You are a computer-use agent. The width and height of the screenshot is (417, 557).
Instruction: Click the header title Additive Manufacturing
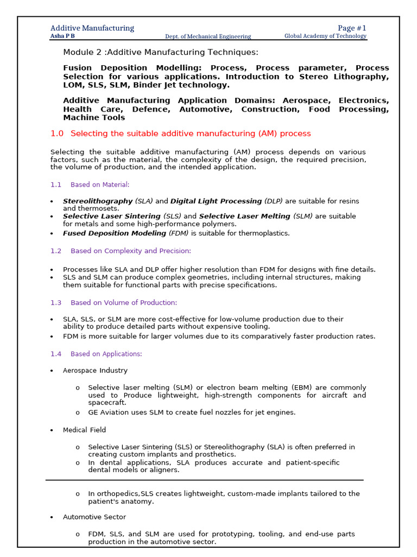(92, 28)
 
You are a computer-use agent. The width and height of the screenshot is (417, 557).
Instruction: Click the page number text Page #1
(352, 28)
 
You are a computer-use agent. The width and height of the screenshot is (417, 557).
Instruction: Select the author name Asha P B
(62, 36)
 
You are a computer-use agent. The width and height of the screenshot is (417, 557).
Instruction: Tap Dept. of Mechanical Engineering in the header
(208, 36)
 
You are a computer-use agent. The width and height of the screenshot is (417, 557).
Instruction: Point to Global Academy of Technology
(325, 36)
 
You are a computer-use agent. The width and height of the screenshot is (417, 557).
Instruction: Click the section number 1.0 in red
(57, 133)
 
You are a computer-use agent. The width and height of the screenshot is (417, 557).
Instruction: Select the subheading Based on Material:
(100, 185)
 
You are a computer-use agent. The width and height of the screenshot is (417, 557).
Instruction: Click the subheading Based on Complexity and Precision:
(131, 251)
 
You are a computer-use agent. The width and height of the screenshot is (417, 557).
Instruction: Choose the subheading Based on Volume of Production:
(124, 302)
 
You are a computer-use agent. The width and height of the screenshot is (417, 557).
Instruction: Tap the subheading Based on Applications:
(106, 354)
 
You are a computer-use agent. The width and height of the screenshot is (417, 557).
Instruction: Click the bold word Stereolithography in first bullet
(98, 201)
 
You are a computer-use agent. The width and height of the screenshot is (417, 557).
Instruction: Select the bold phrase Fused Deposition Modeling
(115, 233)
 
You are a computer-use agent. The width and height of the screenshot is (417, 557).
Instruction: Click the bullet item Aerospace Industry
(95, 370)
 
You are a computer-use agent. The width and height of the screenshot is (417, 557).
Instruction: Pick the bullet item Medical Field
(84, 430)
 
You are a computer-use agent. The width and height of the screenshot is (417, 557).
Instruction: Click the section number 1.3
(56, 302)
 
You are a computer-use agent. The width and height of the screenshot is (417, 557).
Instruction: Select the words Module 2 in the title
(80, 52)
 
